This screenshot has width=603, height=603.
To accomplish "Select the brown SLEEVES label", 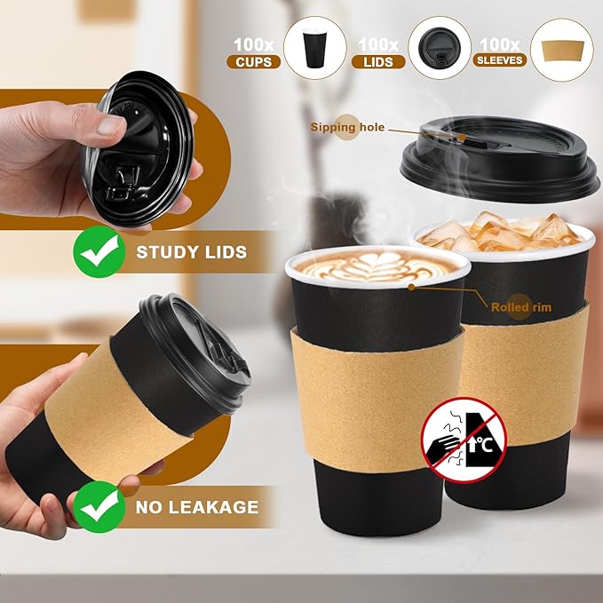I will [x=500, y=61].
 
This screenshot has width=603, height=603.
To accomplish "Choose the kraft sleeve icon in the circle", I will [x=561, y=50].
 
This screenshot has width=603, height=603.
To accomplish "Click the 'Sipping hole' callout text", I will [x=347, y=128].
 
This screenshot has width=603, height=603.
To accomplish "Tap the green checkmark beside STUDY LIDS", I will [x=97, y=251].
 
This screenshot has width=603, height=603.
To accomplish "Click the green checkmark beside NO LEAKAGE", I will [x=97, y=508].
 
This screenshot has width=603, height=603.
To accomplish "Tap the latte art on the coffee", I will [x=378, y=266].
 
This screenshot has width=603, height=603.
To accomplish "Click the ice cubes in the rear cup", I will [x=502, y=234].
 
